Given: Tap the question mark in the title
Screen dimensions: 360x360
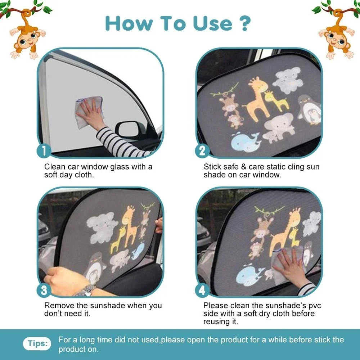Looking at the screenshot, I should [x=244, y=23].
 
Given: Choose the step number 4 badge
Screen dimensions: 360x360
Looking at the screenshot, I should [x=202, y=290].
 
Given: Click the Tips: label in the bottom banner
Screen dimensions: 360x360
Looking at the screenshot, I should [x=37, y=343].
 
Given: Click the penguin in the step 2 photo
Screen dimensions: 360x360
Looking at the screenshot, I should [x=309, y=110].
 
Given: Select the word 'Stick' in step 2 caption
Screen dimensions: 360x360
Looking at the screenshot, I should [x=212, y=167].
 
